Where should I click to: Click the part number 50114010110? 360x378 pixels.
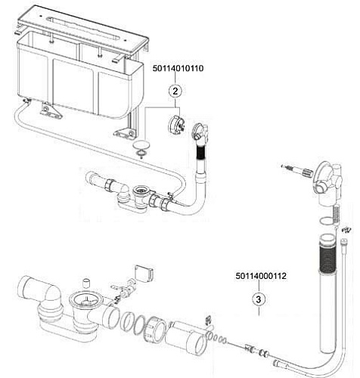(178, 68)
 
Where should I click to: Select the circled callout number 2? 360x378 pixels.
(175, 91)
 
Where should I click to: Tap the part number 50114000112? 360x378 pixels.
(261, 276)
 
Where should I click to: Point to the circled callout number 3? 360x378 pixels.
(259, 299)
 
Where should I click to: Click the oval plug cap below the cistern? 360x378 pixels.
(141, 145)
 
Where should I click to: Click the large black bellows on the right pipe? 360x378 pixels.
(327, 258)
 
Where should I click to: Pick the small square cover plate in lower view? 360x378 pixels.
(144, 273)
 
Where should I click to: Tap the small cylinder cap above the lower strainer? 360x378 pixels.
(87, 283)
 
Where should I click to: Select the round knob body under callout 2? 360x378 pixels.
(176, 124)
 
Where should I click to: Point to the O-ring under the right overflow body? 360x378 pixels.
(327, 221)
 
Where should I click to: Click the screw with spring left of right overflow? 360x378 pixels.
(296, 170)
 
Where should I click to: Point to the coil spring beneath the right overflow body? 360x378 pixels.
(336, 214)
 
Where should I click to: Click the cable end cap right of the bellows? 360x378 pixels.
(343, 241)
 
